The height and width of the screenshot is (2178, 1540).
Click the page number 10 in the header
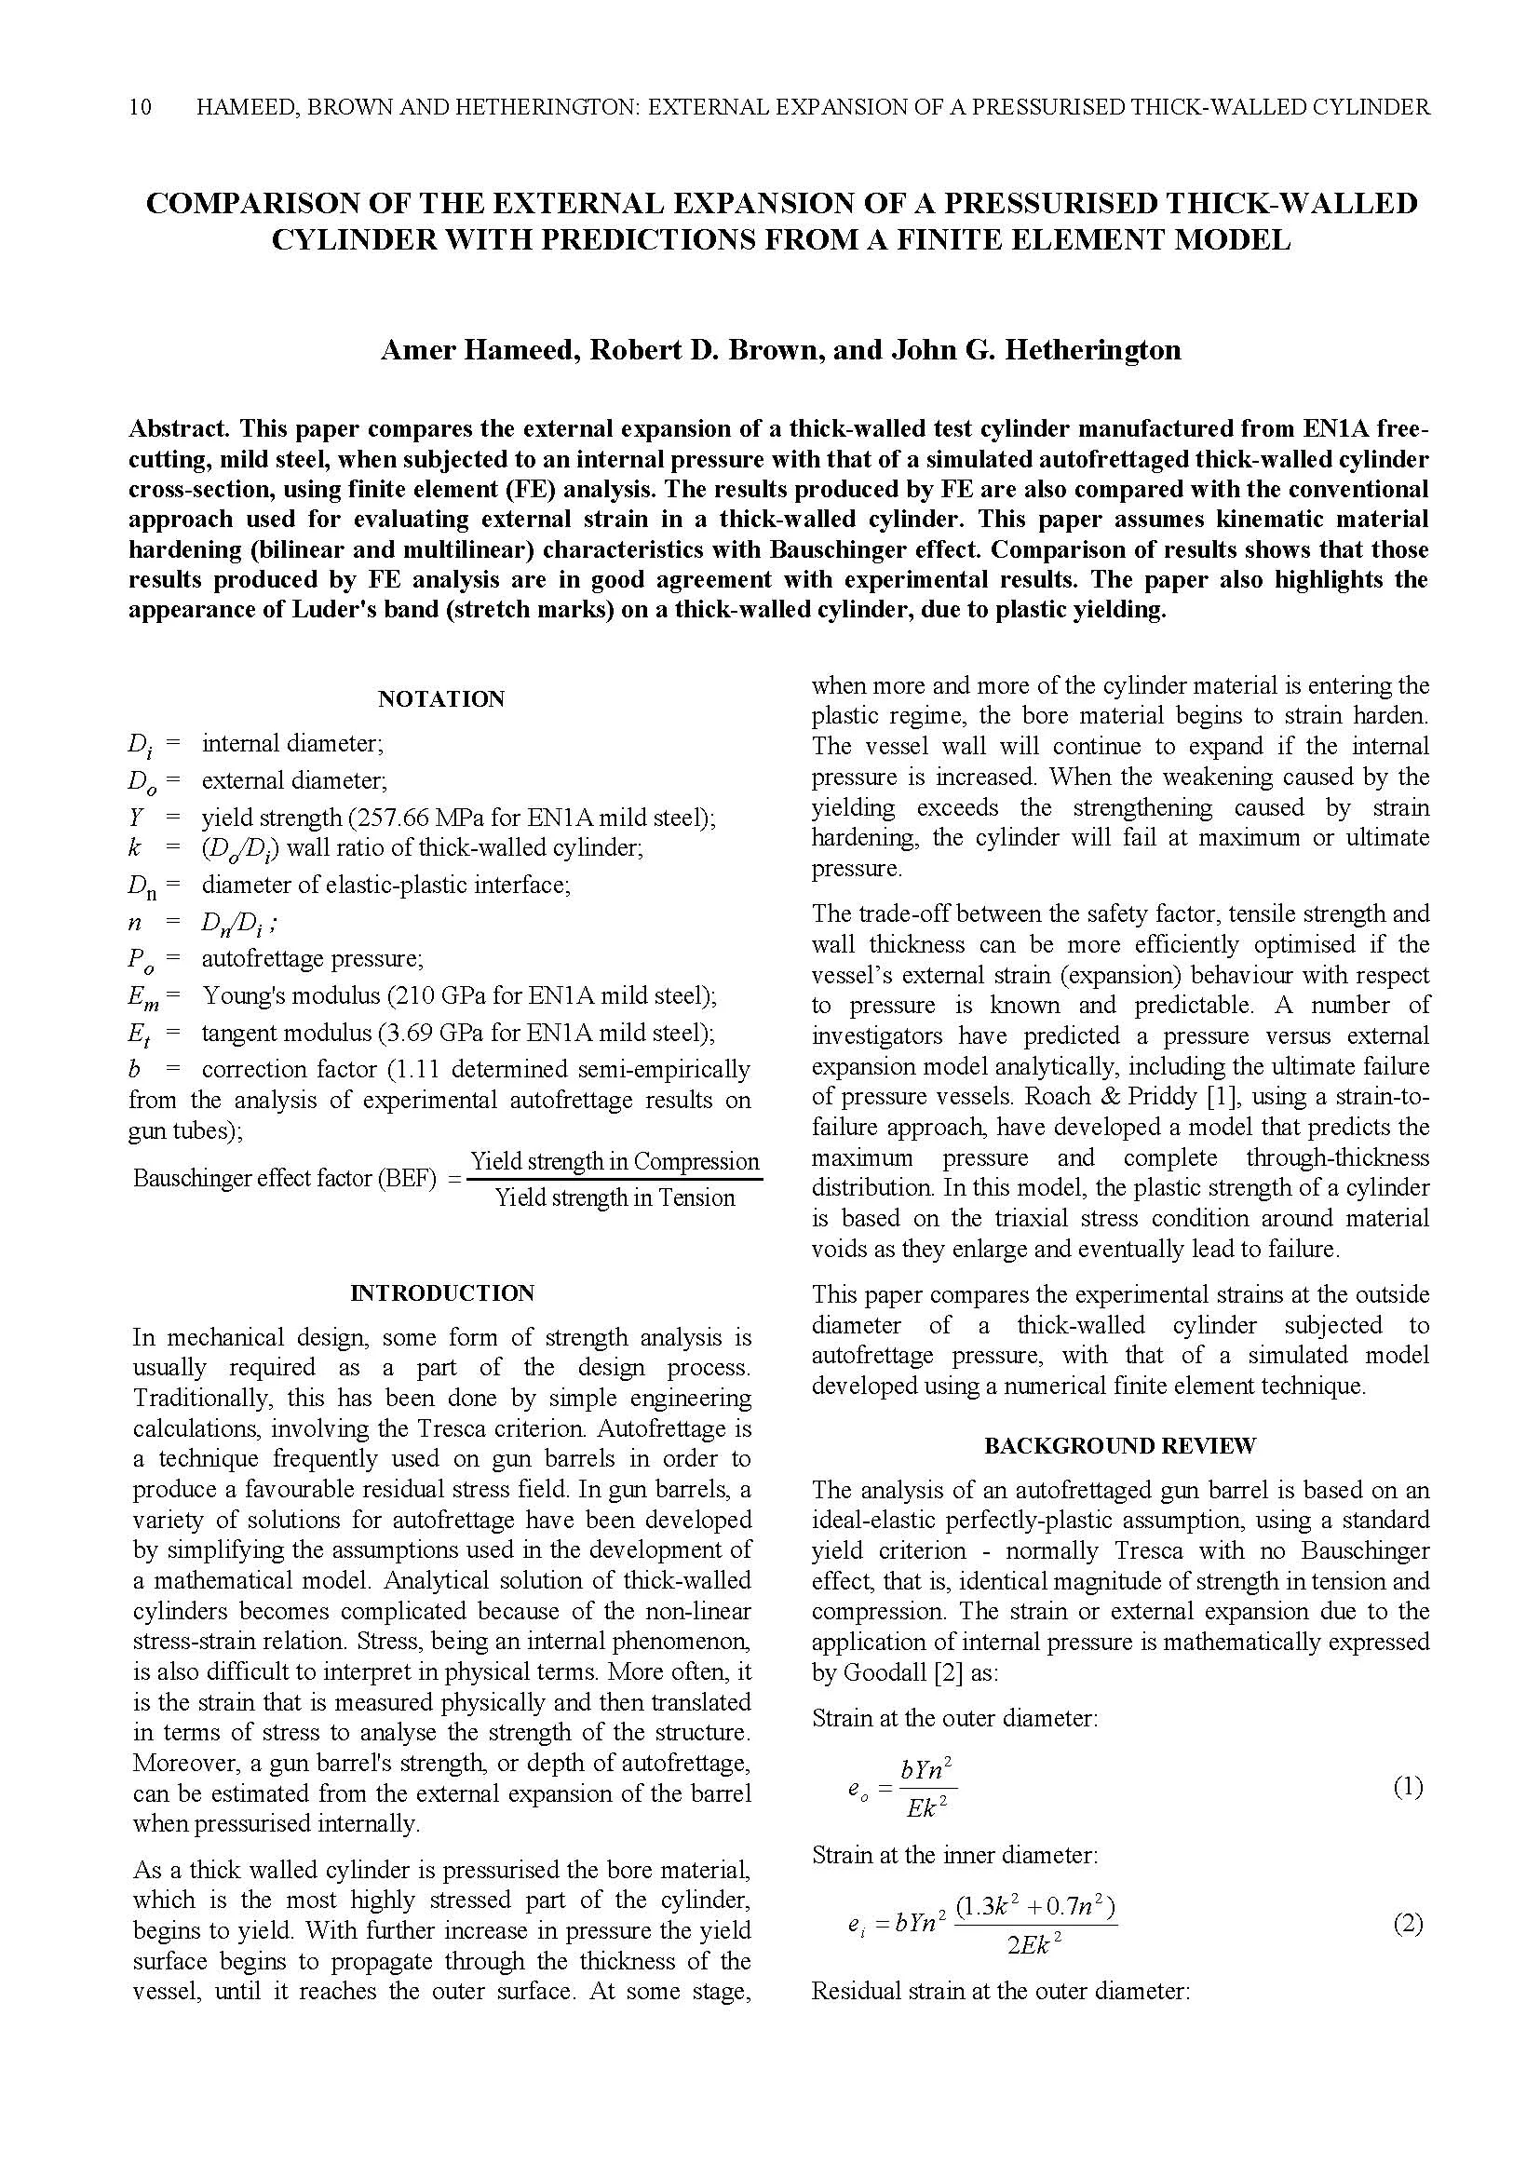(140, 107)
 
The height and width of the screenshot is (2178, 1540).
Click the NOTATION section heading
(441, 699)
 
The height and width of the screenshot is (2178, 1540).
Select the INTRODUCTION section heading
(442, 1293)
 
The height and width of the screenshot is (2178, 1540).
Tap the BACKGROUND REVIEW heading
(1120, 1446)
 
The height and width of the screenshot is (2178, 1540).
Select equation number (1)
(1408, 1788)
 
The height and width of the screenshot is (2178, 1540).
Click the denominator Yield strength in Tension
(615, 1198)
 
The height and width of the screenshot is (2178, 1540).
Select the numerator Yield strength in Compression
(615, 1162)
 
